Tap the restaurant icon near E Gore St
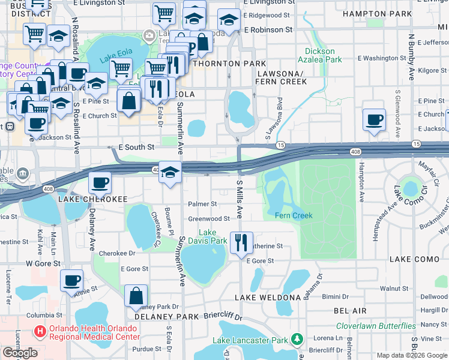tap(241, 243)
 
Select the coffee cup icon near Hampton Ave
tap(374, 119)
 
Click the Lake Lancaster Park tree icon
tap(297, 340)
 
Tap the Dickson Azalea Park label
tap(319, 55)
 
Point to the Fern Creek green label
tap(294, 215)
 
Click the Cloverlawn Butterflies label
tap(376, 326)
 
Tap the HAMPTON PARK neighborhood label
tap(381, 13)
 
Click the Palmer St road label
tap(202, 205)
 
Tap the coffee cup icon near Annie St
tap(71, 280)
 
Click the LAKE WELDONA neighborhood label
tap(267, 298)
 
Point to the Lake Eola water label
tap(116, 58)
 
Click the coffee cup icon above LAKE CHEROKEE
tap(100, 182)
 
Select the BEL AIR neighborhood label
tap(351, 311)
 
